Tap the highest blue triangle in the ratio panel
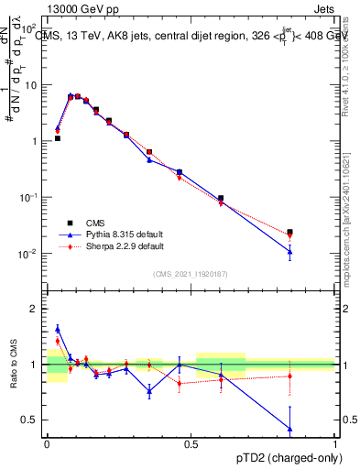[58, 328]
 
